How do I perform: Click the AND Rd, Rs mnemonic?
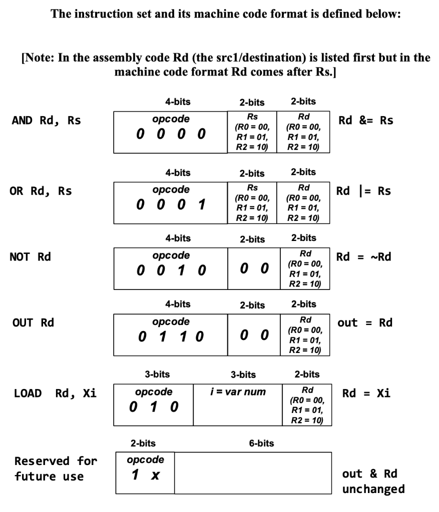pos(46,120)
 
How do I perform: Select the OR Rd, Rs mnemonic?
pos(41,191)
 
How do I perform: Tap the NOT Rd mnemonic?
pos(30,257)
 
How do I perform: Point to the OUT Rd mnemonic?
pos(33,322)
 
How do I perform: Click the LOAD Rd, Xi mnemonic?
pos(55,393)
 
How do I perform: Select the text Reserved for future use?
pos(56,468)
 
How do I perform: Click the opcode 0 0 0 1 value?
pos(171,205)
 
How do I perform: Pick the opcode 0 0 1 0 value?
pos(171,271)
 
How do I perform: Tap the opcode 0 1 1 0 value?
pos(171,336)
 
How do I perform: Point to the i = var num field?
pos(238,391)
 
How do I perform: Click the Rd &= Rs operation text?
pos(366,120)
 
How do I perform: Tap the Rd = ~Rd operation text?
pos(363,257)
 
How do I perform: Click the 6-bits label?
pos(261,443)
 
